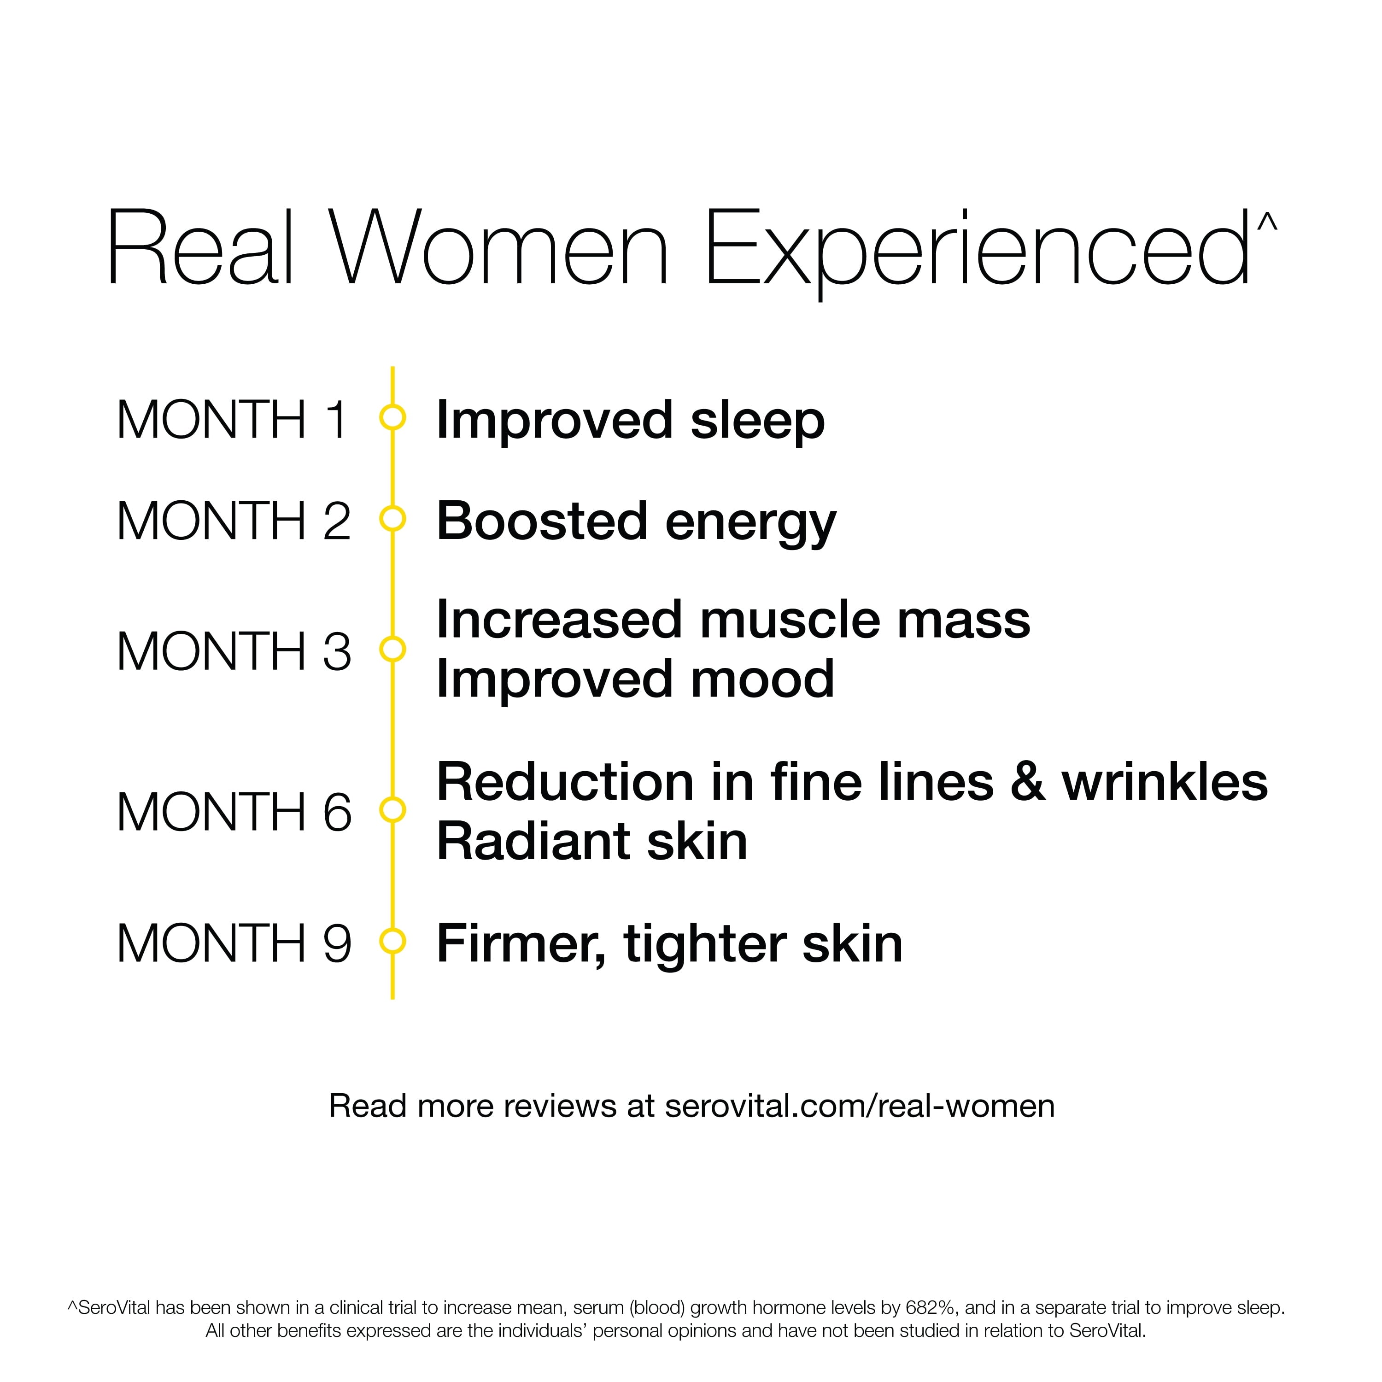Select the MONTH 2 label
coord(234,521)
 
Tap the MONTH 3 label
coord(234,652)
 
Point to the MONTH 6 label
coord(234,813)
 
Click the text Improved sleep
coord(630,422)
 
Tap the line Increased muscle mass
coord(733,620)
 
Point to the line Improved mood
coord(635,681)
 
